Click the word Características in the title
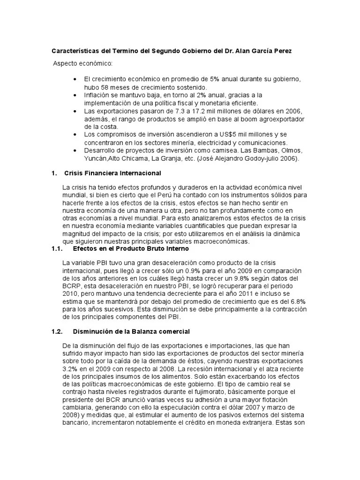(74, 51)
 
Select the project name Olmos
(293, 150)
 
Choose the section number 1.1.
(57, 249)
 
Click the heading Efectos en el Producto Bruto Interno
(130, 249)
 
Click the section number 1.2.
(57, 331)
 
